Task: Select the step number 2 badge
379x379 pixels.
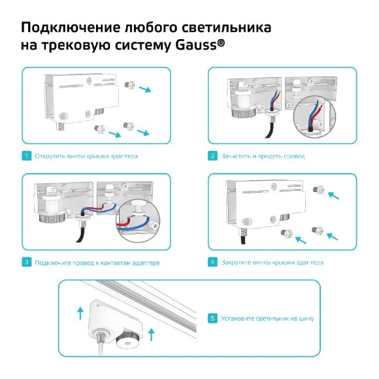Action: tap(212, 156)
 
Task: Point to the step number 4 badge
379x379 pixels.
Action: tap(212, 262)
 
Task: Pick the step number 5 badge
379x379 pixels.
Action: tap(212, 318)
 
